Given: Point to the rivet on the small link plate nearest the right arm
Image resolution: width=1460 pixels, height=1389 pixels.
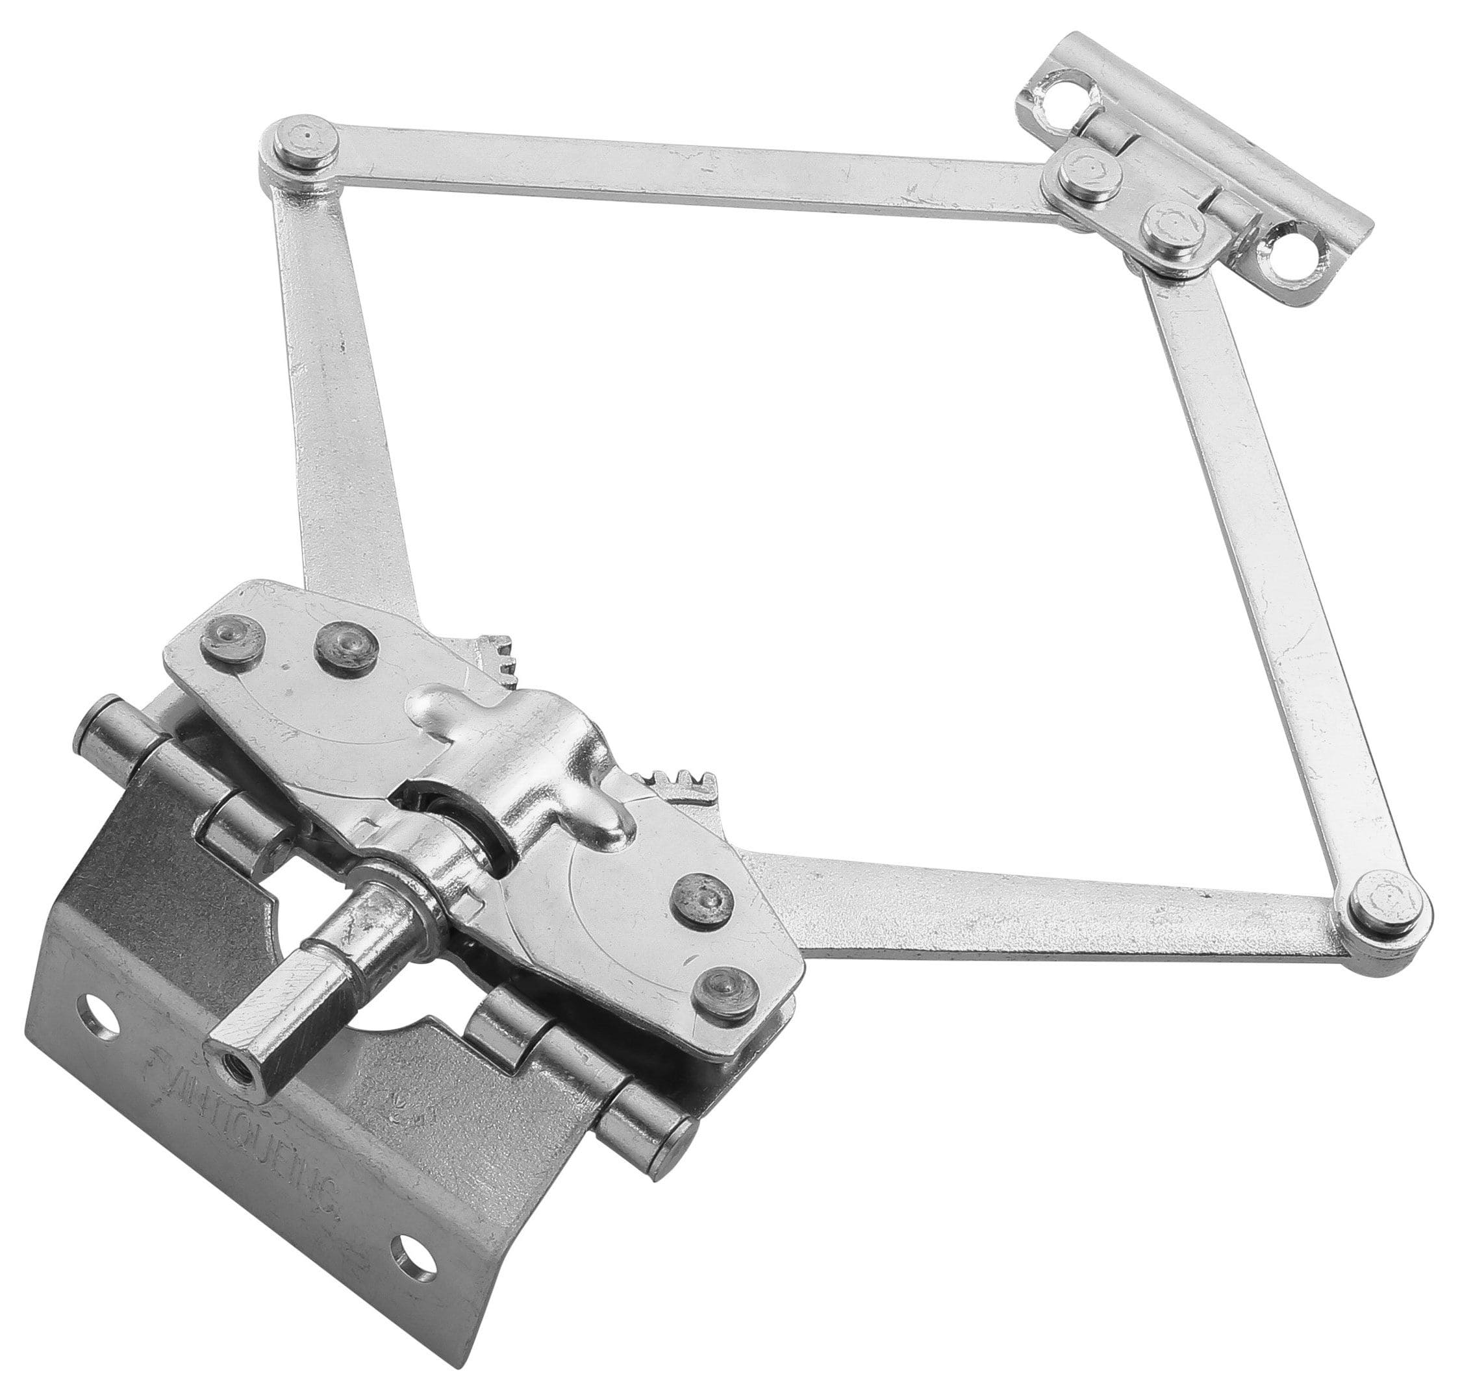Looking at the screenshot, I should tap(1172, 228).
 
